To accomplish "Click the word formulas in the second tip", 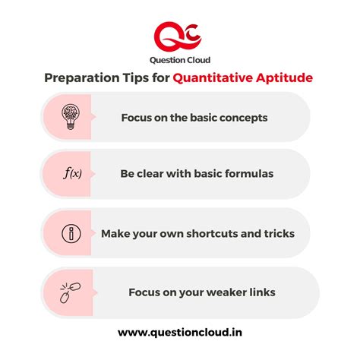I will pos(247,174).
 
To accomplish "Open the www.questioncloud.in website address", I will pos(179,332).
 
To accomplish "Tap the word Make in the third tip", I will pos(116,232).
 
